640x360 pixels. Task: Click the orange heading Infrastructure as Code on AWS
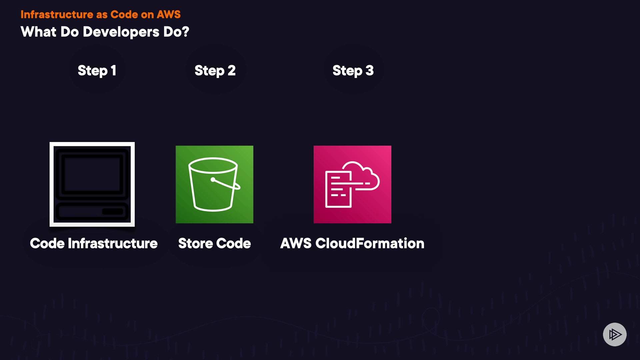[x=100, y=14]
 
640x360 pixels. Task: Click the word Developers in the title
[x=121, y=32]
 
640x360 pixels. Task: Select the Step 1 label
[x=97, y=71]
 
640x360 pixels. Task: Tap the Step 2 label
[x=215, y=71]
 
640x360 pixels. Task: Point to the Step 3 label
[x=353, y=71]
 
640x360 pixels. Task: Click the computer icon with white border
[x=92, y=184]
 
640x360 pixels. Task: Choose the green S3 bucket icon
[x=214, y=184]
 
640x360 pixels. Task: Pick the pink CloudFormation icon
[x=352, y=184]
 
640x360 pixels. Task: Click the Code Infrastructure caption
[x=94, y=243]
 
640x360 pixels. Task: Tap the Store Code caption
[x=214, y=243]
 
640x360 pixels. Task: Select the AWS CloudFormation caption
[x=352, y=243]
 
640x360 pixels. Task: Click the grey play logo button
[x=615, y=334]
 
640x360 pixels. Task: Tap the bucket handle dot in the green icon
[x=213, y=180]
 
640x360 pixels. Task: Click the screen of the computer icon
[x=92, y=174]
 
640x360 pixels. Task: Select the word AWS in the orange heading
[x=169, y=14]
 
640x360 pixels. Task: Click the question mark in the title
[x=185, y=32]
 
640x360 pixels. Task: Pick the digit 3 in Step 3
[x=369, y=71]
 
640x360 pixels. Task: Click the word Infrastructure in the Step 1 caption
[x=113, y=243]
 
